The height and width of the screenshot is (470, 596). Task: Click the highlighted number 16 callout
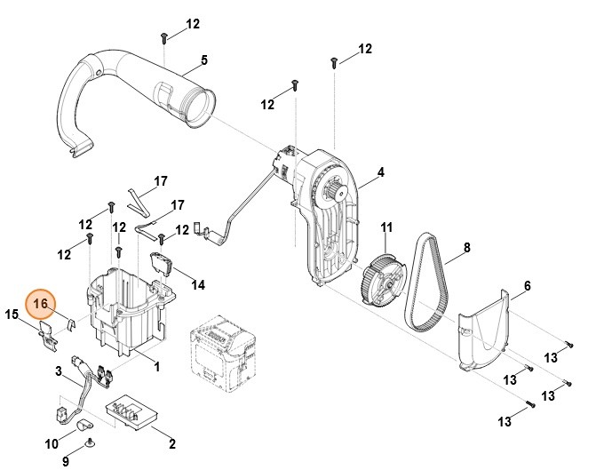pos(41,304)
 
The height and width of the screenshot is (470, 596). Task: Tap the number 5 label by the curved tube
pos(203,60)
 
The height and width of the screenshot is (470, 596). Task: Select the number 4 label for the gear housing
pos(380,171)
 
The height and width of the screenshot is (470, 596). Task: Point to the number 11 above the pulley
pos(386,228)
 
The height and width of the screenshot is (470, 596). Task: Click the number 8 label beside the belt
pos(467,248)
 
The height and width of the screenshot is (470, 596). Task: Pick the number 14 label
pos(198,284)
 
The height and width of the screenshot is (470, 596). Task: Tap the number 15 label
pos(12,315)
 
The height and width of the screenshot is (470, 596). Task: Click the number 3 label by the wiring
pos(59,370)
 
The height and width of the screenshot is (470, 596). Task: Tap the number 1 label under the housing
pos(156,366)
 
